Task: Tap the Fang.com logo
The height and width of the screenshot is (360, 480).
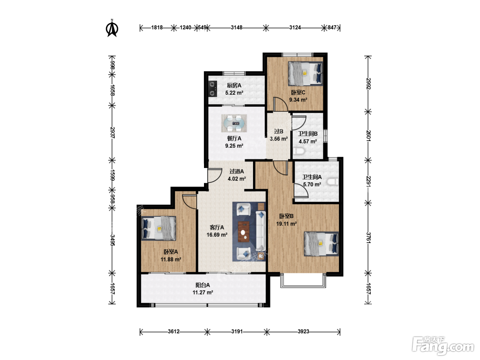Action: pyautogui.click(x=443, y=346)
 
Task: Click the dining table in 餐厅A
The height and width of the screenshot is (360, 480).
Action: pyautogui.click(x=234, y=123)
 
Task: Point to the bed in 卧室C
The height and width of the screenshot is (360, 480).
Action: pyautogui.click(x=305, y=73)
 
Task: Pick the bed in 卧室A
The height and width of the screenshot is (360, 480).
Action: pyautogui.click(x=158, y=228)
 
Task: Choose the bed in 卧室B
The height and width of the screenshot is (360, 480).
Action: pyautogui.click(x=322, y=244)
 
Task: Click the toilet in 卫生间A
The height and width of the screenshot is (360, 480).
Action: pyautogui.click(x=333, y=182)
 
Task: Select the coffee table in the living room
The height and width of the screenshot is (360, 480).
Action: pyautogui.click(x=244, y=232)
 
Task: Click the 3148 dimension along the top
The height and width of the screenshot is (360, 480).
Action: pyautogui.click(x=237, y=27)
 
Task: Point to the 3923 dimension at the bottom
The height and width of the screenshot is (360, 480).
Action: pyautogui.click(x=303, y=331)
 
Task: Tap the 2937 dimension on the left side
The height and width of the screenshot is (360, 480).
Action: pyautogui.click(x=112, y=132)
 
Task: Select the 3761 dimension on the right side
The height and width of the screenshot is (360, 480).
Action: pyautogui.click(x=369, y=238)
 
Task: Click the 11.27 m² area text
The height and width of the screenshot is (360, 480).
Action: pyautogui.click(x=203, y=292)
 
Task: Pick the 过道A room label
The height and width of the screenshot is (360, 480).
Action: pyautogui.click(x=237, y=171)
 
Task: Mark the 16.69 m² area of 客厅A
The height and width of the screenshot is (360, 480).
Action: pyautogui.click(x=217, y=235)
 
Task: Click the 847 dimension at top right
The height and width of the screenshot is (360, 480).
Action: pyautogui.click(x=332, y=27)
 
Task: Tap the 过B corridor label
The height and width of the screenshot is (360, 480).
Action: pyautogui.click(x=279, y=131)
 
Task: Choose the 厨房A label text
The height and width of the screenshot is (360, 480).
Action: pyautogui.click(x=234, y=85)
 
